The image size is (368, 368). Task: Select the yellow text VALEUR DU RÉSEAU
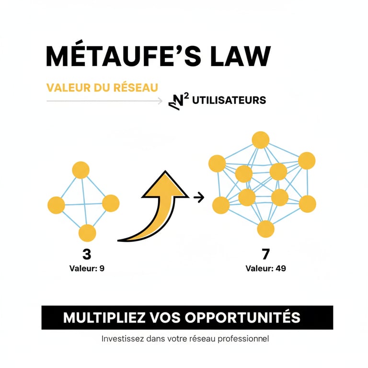tap(102, 88)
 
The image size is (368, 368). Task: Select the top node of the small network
tap(81, 170)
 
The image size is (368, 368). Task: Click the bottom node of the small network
tap(87, 233)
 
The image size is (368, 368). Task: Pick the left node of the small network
tap(56, 205)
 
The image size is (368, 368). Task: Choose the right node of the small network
tap(111, 203)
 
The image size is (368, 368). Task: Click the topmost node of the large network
tap(261, 140)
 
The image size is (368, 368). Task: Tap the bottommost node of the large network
tap(265, 229)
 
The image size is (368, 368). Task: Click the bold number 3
tap(87, 254)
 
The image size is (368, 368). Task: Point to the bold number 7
tap(265, 254)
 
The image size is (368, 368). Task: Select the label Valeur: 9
tap(87, 268)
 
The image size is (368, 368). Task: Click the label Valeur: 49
tap(265, 268)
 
